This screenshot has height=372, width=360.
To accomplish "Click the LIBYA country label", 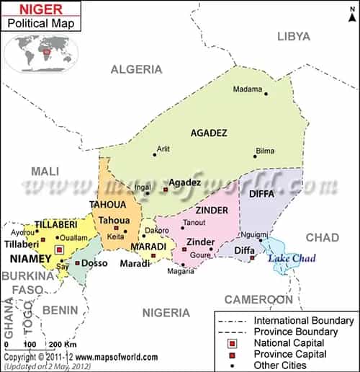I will click(294, 36).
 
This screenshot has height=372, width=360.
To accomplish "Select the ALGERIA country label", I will click(136, 69).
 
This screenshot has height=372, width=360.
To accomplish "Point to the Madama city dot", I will click(266, 94).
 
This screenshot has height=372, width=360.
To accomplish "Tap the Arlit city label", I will click(163, 149).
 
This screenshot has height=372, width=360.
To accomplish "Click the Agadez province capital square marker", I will click(166, 189).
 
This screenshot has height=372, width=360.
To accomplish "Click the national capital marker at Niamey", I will click(60, 250).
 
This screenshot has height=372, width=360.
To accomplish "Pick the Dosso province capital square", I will click(78, 262).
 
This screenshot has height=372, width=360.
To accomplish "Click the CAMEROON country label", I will click(258, 299).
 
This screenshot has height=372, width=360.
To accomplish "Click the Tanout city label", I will click(195, 222).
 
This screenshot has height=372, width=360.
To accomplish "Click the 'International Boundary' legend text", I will click(303, 319).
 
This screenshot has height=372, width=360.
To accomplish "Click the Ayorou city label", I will click(22, 233).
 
